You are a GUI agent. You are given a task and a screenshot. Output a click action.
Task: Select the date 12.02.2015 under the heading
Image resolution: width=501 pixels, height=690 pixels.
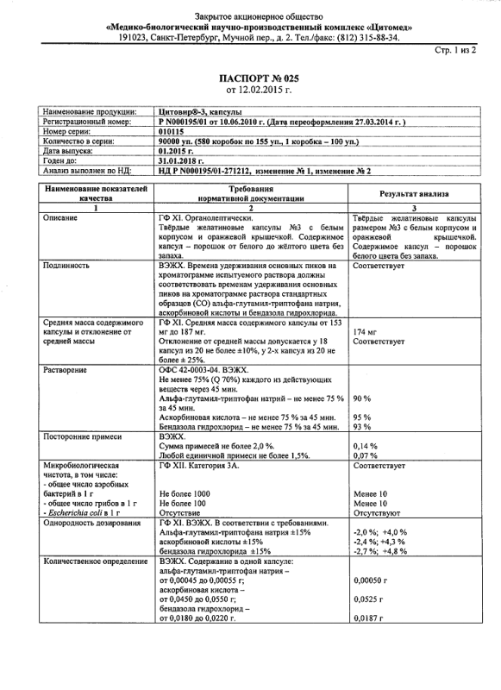pyautogui.click(x=260, y=89)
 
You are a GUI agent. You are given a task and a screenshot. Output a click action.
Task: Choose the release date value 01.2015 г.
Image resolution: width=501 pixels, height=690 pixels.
pyautogui.click(x=177, y=150)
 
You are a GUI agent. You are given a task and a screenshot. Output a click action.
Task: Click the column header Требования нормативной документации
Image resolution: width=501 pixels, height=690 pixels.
pyautogui.click(x=251, y=192)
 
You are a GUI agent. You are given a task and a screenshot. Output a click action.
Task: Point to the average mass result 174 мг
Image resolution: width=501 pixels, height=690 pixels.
pyautogui.click(x=366, y=331)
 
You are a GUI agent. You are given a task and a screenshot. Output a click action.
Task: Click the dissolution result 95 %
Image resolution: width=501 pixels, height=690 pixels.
pyautogui.click(x=362, y=417)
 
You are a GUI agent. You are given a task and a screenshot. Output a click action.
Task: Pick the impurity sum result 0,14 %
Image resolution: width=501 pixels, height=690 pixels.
pyautogui.click(x=366, y=446)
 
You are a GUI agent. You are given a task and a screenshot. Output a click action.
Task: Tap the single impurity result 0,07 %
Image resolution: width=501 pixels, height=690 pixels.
pyautogui.click(x=366, y=455)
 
